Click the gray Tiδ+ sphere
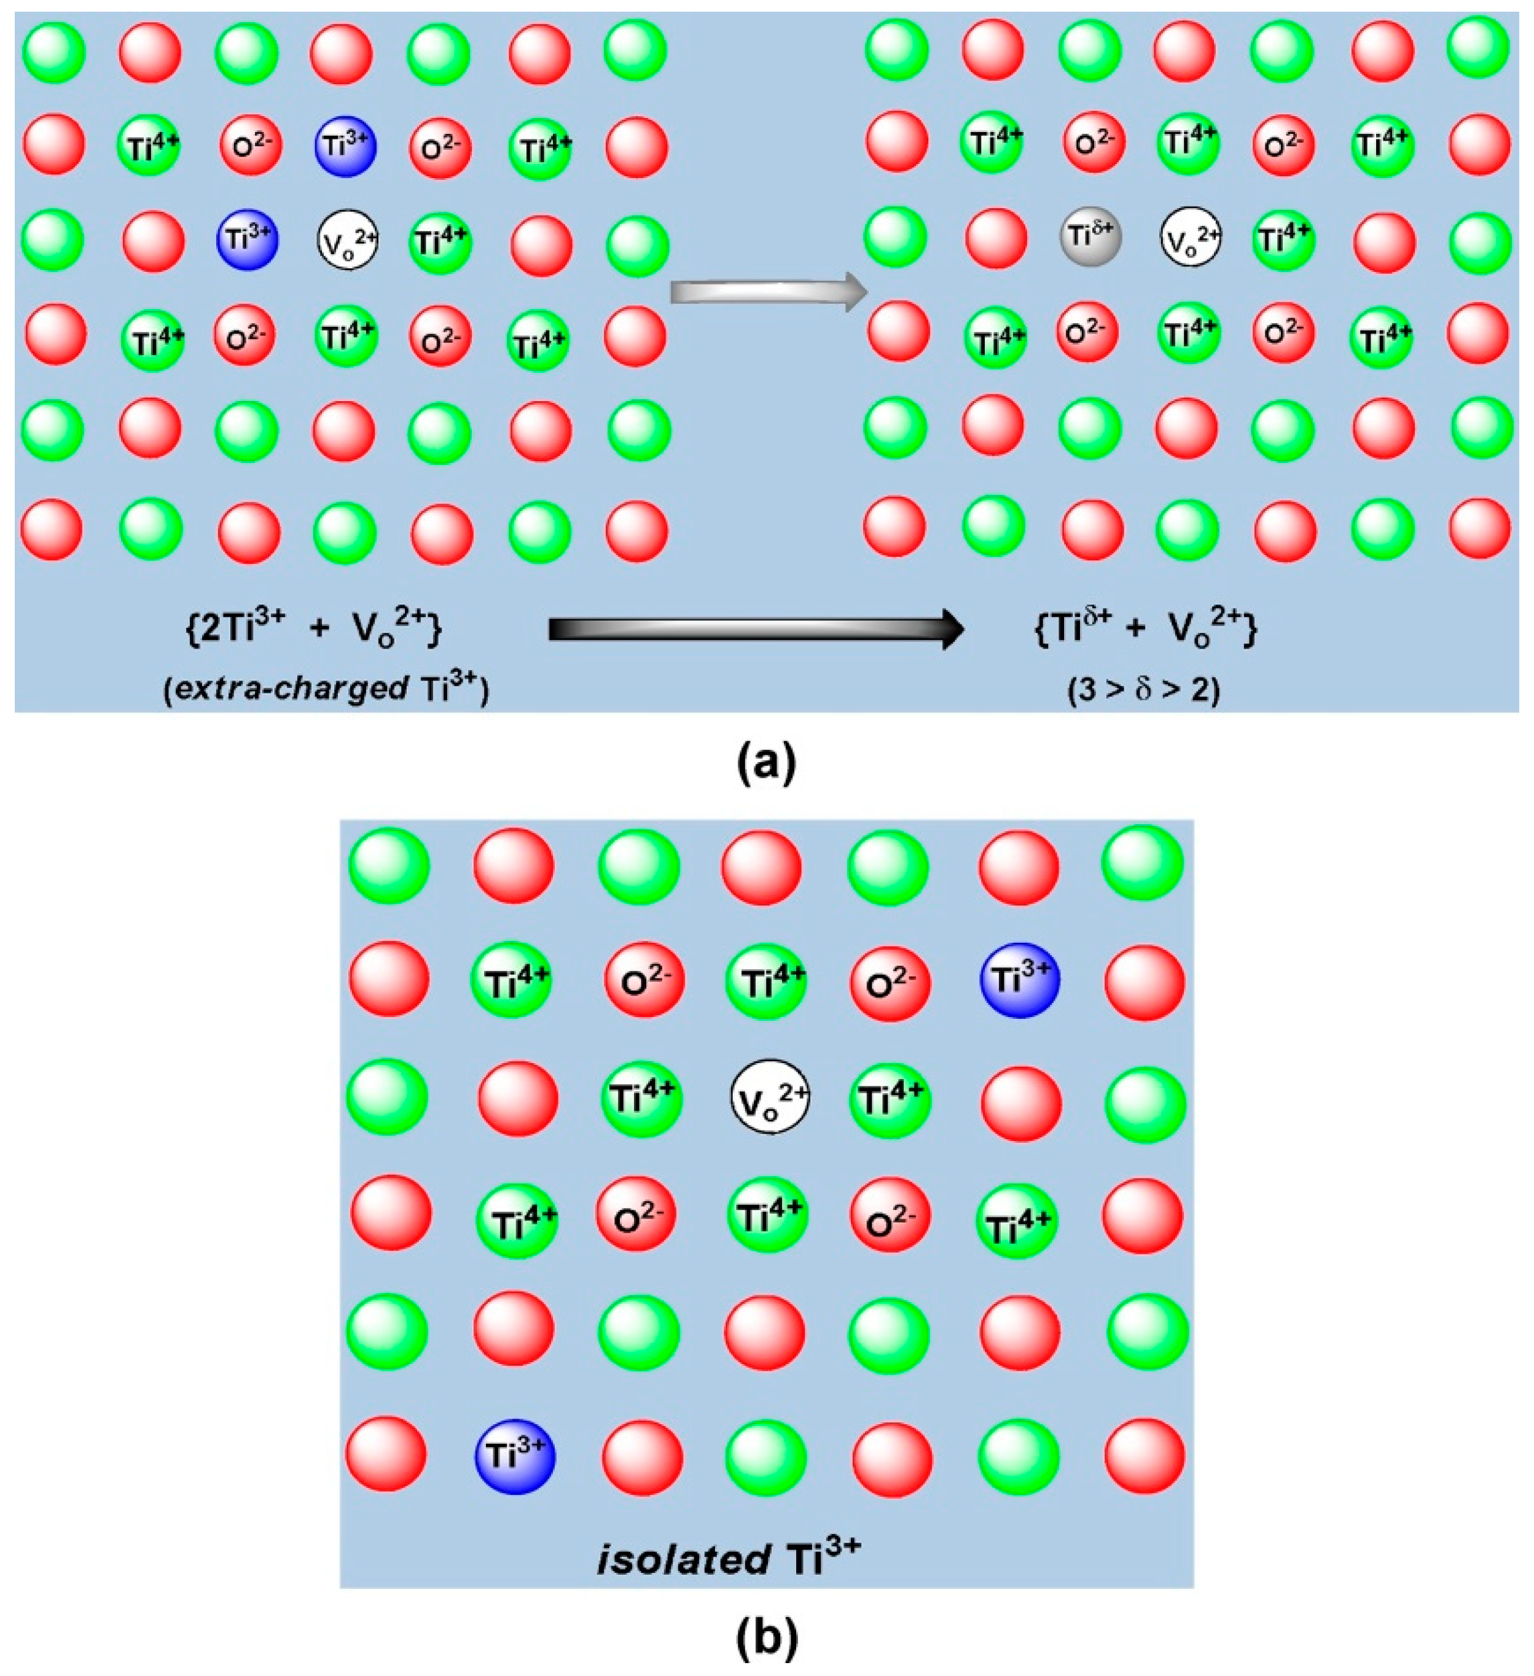pos(1090,237)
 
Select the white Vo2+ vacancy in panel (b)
pos(769,1100)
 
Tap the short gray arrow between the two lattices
pos(769,292)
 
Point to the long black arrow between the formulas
pos(755,629)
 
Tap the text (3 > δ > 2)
pos(1144,689)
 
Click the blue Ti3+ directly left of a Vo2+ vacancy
pos(247,240)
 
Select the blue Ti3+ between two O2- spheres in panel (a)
pos(345,146)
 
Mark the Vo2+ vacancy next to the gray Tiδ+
pos(1191,237)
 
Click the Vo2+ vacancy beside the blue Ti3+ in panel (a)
pos(348,240)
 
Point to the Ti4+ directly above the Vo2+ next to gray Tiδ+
pos(1188,143)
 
